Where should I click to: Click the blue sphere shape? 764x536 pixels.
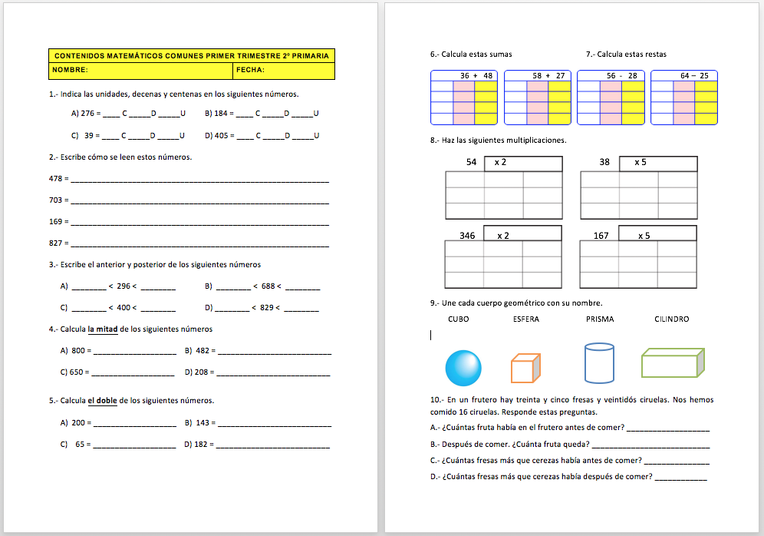point(463,367)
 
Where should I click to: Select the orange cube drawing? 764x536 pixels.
point(525,368)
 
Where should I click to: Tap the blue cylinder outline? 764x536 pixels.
point(598,362)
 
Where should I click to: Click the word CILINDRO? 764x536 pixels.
point(671,319)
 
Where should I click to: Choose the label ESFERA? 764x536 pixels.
point(525,319)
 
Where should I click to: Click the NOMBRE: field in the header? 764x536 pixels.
point(141,70)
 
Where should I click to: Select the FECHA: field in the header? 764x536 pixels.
point(284,70)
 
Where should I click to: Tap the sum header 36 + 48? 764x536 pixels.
point(476,75)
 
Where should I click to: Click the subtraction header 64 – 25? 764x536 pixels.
point(694,75)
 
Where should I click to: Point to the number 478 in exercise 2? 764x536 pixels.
point(54,178)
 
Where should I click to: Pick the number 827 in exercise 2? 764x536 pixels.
point(54,243)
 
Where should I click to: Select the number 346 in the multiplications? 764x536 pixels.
point(467,236)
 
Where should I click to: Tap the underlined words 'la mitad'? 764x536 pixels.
point(102,329)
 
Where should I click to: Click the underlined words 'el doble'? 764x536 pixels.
point(102,400)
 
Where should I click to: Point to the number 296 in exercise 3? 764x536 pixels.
point(123,286)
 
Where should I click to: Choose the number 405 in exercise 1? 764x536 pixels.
point(222,135)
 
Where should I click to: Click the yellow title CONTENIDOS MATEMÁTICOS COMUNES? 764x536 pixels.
point(192,55)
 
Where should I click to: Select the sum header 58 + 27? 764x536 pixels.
point(548,75)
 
